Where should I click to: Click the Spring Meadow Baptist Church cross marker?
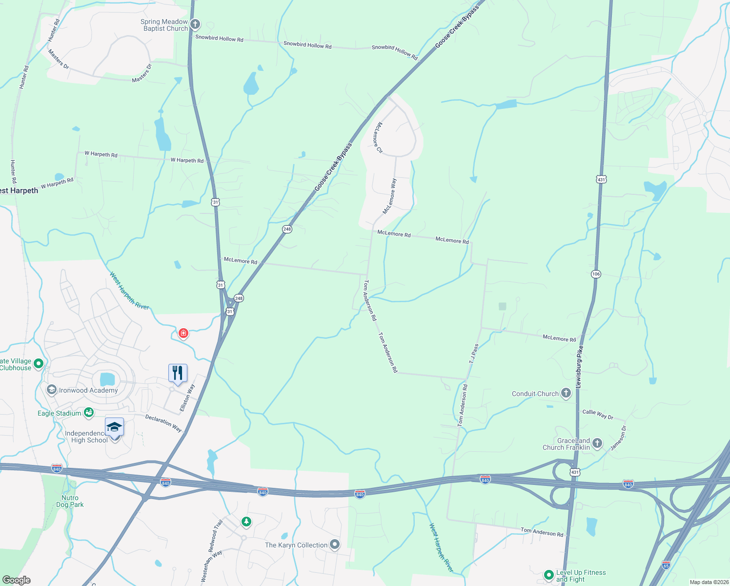195,24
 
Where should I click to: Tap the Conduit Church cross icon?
566,393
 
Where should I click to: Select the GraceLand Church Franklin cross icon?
597,443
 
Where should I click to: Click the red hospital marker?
183,334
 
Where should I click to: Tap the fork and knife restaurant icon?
178,373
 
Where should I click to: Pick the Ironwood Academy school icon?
51,390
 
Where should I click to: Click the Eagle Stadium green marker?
88,413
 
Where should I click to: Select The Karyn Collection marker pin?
334,544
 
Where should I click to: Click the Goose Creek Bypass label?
333,167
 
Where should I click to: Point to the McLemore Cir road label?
378,138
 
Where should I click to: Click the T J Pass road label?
474,354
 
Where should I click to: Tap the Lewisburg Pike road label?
579,366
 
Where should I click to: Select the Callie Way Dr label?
597,414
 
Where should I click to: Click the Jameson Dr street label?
618,438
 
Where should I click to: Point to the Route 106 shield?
596,274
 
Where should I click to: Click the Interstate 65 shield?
666,565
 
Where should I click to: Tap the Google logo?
16,580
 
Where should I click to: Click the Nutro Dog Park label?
70,501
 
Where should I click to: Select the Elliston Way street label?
187,398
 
